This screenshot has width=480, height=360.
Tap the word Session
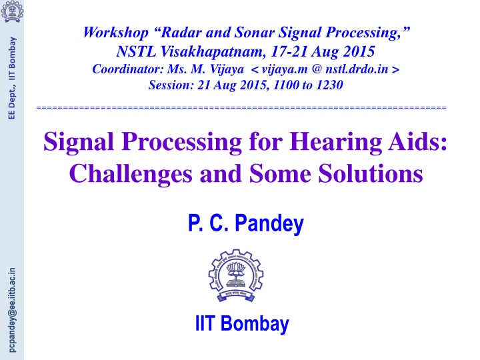click(x=169, y=85)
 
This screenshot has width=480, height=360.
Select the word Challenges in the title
click(x=125, y=174)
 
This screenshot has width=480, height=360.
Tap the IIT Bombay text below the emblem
click(x=241, y=325)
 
